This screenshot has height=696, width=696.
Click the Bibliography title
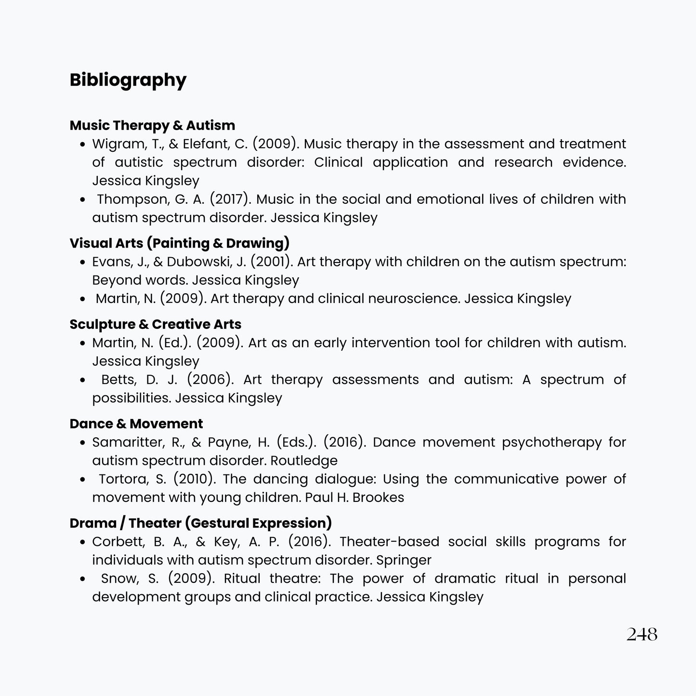tap(128, 80)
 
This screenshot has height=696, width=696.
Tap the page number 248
tap(642, 634)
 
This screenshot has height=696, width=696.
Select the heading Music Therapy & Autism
tap(152, 125)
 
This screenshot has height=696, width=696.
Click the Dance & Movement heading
tap(136, 424)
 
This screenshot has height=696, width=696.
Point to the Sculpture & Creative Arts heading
tap(155, 324)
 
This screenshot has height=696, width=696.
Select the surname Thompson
tap(126, 199)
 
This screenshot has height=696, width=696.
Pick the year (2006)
tap(210, 380)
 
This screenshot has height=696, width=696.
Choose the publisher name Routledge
tap(304, 460)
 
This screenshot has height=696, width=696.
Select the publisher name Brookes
tap(378, 498)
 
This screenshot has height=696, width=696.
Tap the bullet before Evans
tap(83, 263)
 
